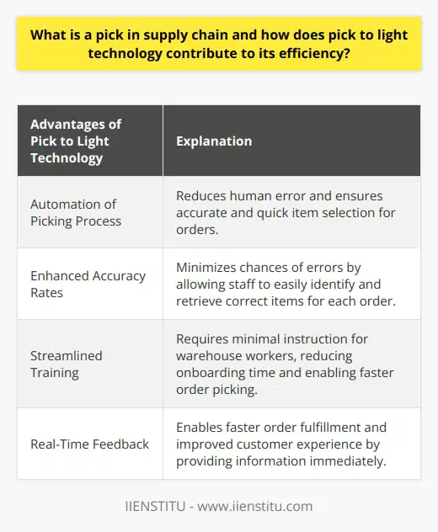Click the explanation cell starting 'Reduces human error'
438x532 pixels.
click(x=286, y=212)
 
